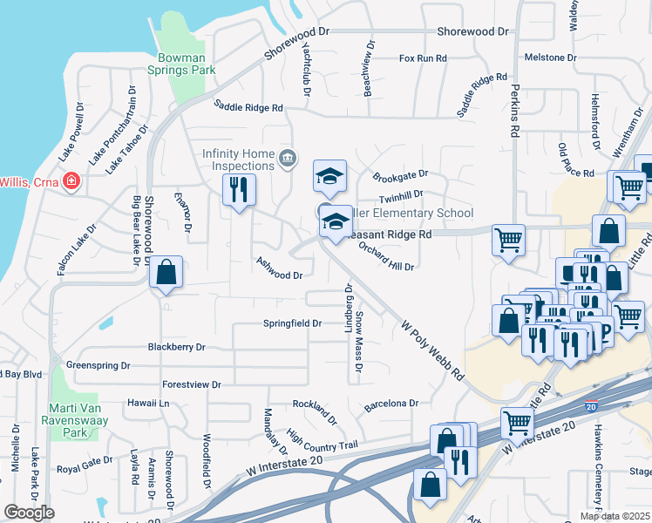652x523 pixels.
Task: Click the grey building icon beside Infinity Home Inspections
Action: click(x=288, y=158)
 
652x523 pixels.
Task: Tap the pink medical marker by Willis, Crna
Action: click(x=71, y=182)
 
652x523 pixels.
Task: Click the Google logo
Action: click(x=29, y=513)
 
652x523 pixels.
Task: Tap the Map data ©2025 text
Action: click(x=615, y=516)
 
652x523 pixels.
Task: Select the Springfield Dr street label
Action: click(x=293, y=323)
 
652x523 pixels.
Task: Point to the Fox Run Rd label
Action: click(x=423, y=58)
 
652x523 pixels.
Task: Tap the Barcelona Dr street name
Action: click(x=391, y=404)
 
